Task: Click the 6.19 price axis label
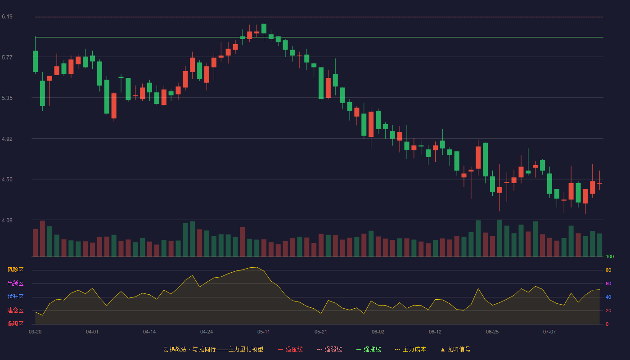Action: point(7,17)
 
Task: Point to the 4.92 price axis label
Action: point(7,139)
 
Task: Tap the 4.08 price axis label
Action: point(7,220)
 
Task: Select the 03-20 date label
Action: point(35,332)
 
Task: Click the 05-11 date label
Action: point(264,332)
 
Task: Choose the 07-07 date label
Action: point(549,332)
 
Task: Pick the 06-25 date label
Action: point(492,332)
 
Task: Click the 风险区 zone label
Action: point(15,270)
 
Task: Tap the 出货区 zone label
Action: point(15,283)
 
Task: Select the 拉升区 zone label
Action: point(15,297)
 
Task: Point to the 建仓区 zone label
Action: point(15,310)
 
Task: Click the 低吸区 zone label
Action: point(15,324)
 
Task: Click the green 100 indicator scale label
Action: point(610,256)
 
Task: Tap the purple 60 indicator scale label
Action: point(608,283)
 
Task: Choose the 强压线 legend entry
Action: point(291,349)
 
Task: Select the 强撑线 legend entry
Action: point(369,349)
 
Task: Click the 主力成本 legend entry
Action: point(410,349)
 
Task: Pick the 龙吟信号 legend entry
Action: point(455,349)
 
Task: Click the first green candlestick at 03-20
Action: point(35,61)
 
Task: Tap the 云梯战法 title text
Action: point(175,349)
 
